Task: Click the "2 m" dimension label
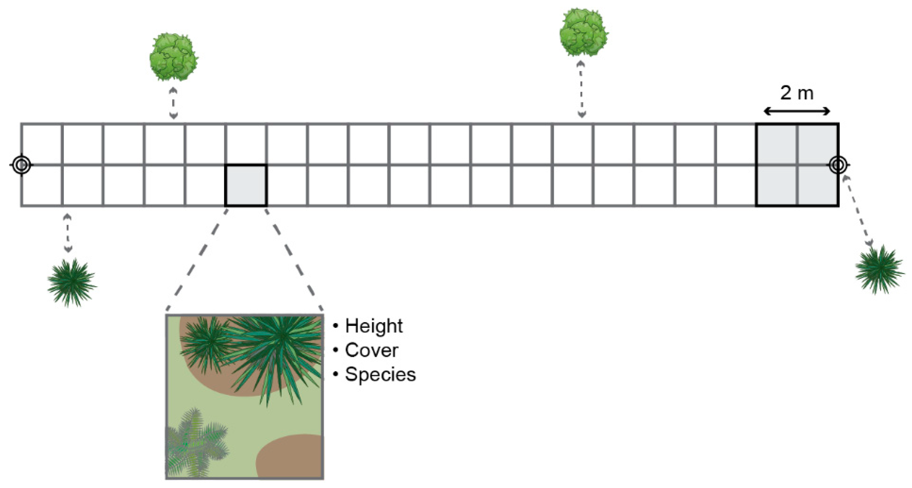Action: [x=796, y=93]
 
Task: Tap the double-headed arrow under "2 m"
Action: [x=796, y=112]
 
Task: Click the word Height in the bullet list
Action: [x=374, y=326]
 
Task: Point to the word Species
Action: [x=380, y=374]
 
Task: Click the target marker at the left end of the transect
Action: [x=22, y=165]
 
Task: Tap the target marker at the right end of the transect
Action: [x=838, y=165]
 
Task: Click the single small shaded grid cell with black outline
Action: [x=246, y=185]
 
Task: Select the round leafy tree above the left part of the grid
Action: [x=173, y=57]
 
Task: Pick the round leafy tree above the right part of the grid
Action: [x=583, y=33]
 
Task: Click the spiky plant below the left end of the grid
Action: [x=72, y=282]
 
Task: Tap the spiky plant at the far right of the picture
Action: [x=879, y=269]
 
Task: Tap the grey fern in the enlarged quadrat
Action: [x=196, y=442]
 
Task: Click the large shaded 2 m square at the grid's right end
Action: [x=797, y=165]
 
